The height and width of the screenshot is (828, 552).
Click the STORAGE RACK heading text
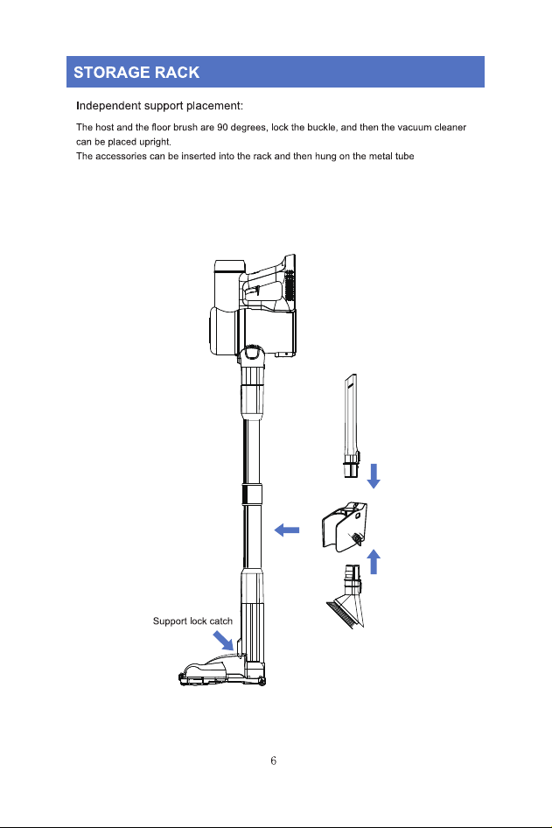point(136,73)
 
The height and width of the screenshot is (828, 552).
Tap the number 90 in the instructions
point(222,127)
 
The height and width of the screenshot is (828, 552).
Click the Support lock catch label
point(192,621)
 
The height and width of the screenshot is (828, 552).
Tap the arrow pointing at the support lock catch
point(223,641)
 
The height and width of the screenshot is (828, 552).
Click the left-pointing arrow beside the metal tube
point(287,530)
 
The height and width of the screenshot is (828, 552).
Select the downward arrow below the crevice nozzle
point(374,476)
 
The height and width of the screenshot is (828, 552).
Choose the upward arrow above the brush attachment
point(374,561)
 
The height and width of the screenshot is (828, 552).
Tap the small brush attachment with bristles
point(346,597)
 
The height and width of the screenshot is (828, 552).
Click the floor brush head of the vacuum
point(221,670)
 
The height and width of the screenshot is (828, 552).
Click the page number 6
point(273,761)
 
